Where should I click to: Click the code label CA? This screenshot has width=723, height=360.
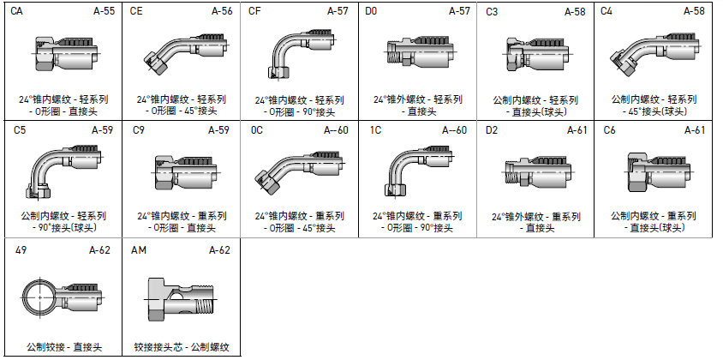coord(17,12)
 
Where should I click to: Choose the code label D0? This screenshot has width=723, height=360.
coord(371,12)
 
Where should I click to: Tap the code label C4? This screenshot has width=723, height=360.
coord(607,12)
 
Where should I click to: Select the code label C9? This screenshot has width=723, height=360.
coord(139,130)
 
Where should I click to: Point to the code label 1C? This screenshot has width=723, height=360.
coord(376,130)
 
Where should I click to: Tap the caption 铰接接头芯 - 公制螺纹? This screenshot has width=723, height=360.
coord(182,347)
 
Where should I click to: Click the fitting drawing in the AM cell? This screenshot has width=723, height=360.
coord(181,299)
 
